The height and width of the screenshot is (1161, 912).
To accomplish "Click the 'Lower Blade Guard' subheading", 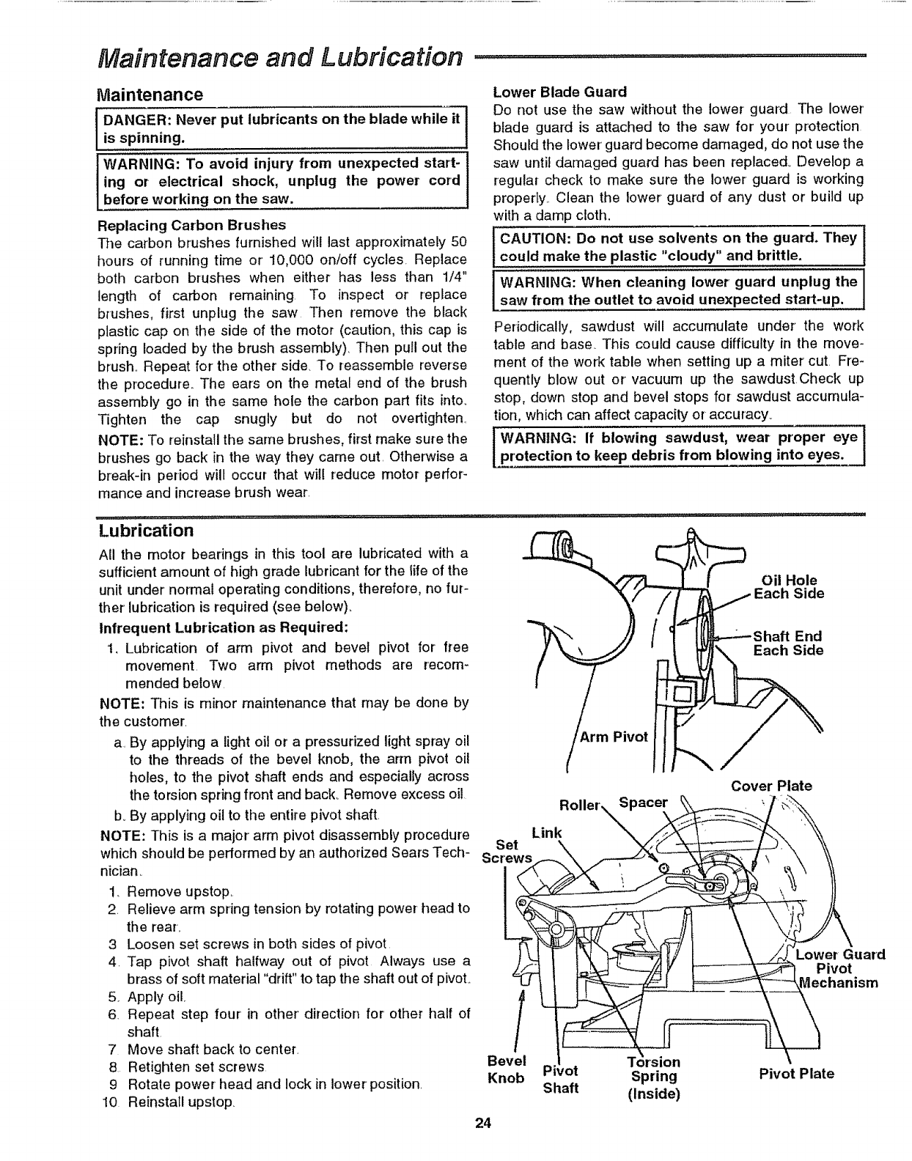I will click(560, 92).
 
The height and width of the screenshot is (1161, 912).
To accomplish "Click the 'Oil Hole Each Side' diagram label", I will click(790, 587).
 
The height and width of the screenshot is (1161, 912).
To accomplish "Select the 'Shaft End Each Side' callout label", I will click(788, 644).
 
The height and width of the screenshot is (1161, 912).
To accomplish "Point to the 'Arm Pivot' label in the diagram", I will click(614, 737).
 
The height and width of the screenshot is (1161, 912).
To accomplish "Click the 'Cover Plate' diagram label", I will click(772, 786).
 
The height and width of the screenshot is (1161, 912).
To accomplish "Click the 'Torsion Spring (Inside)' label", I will click(655, 1077).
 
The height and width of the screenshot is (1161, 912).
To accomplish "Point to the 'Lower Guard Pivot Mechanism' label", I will click(840, 968).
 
